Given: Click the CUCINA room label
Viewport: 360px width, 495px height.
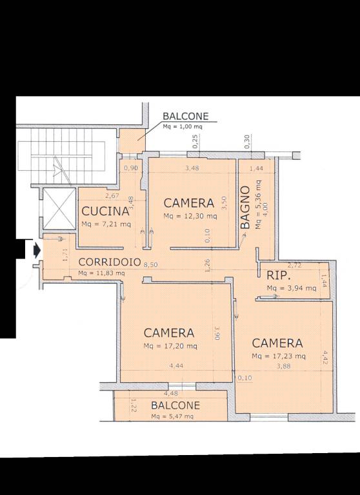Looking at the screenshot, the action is (x=106, y=211).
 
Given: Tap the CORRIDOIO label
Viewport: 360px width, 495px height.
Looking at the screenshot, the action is (x=110, y=262).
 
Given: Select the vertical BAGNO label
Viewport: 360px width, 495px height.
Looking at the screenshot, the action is (x=245, y=207).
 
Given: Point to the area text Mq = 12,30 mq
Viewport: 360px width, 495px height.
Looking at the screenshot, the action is (x=190, y=217).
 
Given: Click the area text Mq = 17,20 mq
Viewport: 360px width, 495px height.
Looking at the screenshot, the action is (x=170, y=346).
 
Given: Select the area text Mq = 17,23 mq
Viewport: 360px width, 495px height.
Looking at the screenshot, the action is (x=279, y=356).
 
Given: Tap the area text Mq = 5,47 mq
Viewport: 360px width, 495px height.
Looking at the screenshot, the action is (x=172, y=416).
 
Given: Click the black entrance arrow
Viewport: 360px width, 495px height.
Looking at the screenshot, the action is (x=37, y=251).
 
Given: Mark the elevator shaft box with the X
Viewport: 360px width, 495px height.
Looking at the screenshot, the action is (x=59, y=209).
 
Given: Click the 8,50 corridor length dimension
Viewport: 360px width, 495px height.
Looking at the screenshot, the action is (x=151, y=265).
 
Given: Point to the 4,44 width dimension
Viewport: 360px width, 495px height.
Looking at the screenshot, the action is (x=176, y=366).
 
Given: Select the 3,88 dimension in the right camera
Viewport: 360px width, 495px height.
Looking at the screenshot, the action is (x=283, y=366).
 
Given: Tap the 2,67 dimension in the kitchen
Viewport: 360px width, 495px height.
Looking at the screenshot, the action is (x=112, y=196).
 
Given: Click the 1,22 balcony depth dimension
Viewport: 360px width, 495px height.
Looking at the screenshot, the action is (x=134, y=405).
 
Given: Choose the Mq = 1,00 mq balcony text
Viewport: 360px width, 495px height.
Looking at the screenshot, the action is (x=183, y=126).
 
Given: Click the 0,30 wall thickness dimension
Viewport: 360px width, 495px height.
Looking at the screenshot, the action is (x=247, y=141).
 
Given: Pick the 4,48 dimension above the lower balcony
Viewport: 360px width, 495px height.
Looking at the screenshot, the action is (x=171, y=393).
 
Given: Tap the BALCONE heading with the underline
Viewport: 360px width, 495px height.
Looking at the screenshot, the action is (x=186, y=116).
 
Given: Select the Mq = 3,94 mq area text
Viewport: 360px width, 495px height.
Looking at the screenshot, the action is (x=292, y=288).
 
